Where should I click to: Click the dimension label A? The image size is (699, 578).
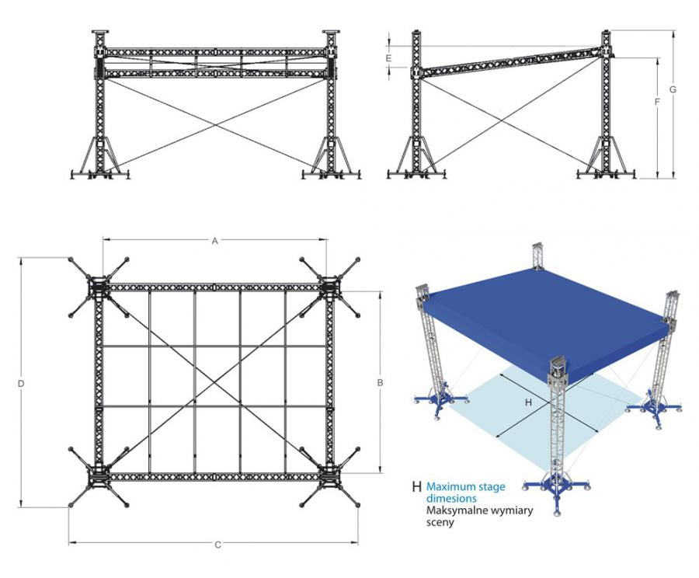point(215,241)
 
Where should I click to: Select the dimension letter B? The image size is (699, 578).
point(380,382)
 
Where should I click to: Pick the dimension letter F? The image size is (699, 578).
point(657,102)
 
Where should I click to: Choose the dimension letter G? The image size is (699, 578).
point(673,89)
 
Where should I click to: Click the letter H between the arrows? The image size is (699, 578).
point(529,402)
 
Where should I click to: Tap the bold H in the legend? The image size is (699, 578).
point(417,488)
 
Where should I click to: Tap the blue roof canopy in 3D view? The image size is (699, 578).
point(544,311)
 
